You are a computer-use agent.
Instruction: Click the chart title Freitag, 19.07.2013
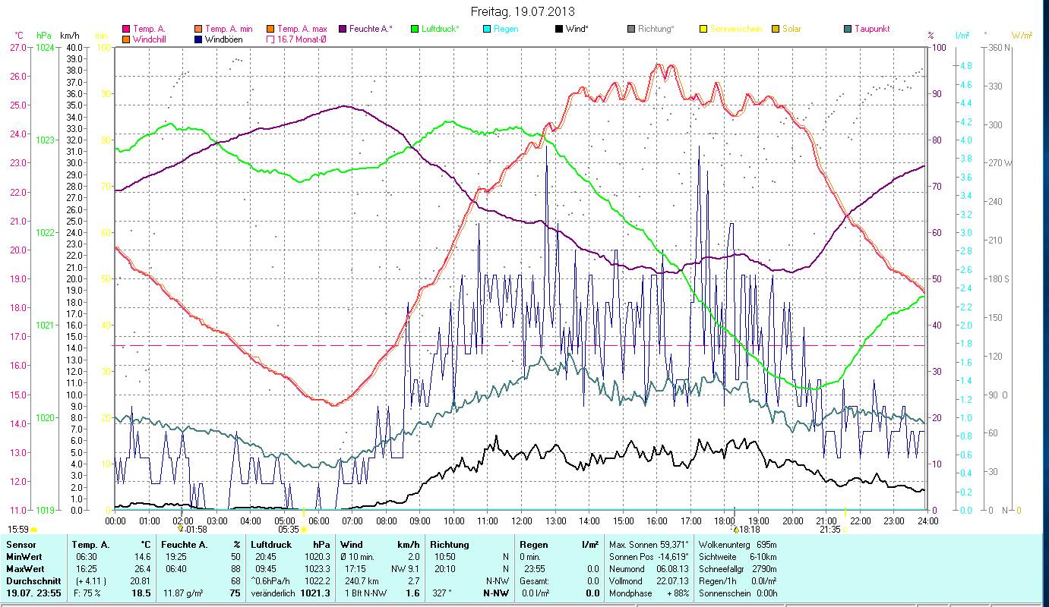pyautogui.click(x=523, y=11)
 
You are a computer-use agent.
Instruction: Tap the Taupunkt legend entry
pyautogui.click(x=871, y=29)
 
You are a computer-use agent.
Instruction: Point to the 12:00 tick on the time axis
pyautogui.click(x=521, y=521)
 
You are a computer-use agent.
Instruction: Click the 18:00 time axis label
pyautogui.click(x=725, y=521)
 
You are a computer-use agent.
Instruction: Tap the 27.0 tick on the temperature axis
pyautogui.click(x=17, y=47)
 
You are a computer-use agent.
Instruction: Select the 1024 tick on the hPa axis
pyautogui.click(x=45, y=47)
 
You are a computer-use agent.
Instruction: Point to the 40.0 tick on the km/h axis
pyautogui.click(x=74, y=47)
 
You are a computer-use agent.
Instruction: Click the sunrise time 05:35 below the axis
pyautogui.click(x=289, y=530)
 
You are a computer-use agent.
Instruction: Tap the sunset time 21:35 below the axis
pyautogui.click(x=830, y=530)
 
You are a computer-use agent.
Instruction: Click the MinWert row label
pyautogui.click(x=23, y=557)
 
